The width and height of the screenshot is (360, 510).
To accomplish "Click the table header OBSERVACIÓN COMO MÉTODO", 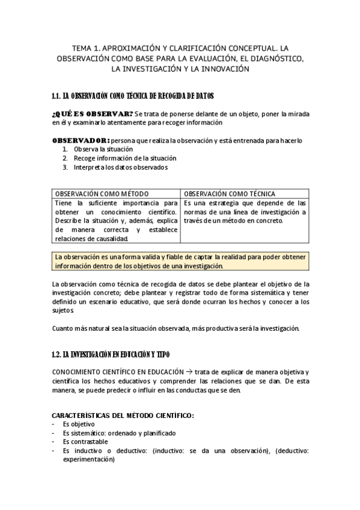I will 102,194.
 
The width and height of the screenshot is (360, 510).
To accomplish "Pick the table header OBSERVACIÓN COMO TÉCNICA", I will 230,194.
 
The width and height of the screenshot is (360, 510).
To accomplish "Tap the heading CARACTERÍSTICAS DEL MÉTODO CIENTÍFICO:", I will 123,416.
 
